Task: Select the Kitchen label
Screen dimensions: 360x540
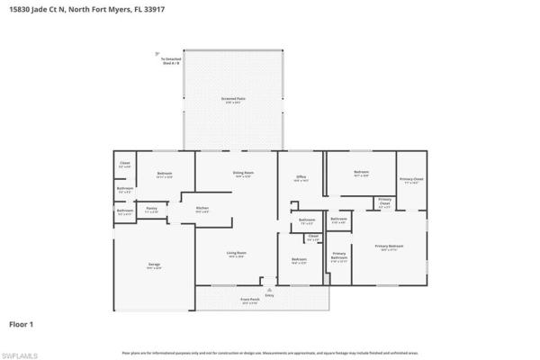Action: point(202,210)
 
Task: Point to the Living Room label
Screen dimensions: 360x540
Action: point(237,255)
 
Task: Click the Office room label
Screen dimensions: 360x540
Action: point(301,179)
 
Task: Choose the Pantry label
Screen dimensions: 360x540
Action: point(152,210)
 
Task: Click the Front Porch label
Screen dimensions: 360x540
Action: point(249,300)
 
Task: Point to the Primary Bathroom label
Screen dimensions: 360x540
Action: point(339,257)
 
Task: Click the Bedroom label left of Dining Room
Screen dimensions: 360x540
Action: point(165,175)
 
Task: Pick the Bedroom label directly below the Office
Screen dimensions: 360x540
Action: point(299,261)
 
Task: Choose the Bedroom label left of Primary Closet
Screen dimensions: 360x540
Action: point(361,173)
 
